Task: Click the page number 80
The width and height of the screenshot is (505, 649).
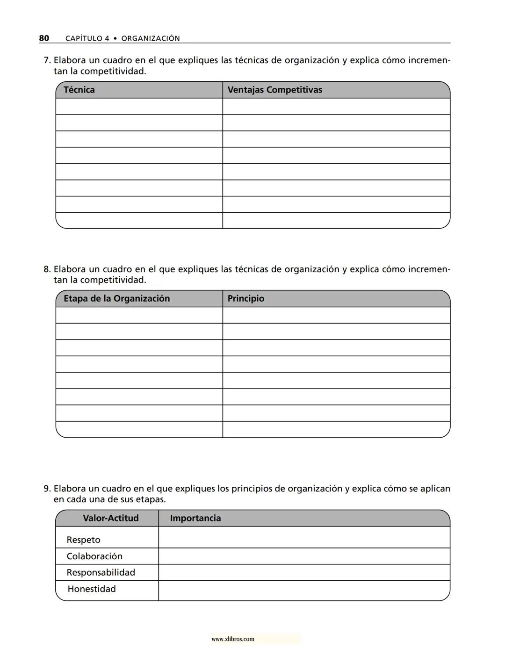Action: [44, 38]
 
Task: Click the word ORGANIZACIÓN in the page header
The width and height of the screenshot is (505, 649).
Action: [151, 38]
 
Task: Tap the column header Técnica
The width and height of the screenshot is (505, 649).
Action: [79, 90]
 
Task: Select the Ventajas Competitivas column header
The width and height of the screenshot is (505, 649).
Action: [274, 90]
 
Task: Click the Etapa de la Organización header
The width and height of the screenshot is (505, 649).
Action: [116, 298]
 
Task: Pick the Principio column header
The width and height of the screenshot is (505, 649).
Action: [245, 298]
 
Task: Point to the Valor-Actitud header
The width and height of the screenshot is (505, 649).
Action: [111, 518]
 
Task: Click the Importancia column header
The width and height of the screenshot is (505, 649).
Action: [195, 518]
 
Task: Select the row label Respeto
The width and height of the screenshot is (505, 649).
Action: [83, 540]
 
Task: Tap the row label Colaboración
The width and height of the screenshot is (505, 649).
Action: [94, 556]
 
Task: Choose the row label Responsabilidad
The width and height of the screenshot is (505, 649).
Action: [101, 572]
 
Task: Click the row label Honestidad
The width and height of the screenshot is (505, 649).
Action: [92, 589]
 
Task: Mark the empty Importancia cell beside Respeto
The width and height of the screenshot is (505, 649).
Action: [304, 537]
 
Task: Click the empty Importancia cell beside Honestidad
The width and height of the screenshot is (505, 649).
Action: [304, 591]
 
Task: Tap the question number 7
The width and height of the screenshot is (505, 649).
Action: [46, 60]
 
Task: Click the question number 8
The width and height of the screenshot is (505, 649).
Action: [46, 269]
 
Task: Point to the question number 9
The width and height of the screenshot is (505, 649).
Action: [46, 489]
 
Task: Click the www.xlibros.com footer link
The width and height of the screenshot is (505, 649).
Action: [233, 639]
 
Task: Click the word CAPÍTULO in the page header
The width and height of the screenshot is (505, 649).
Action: [84, 38]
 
